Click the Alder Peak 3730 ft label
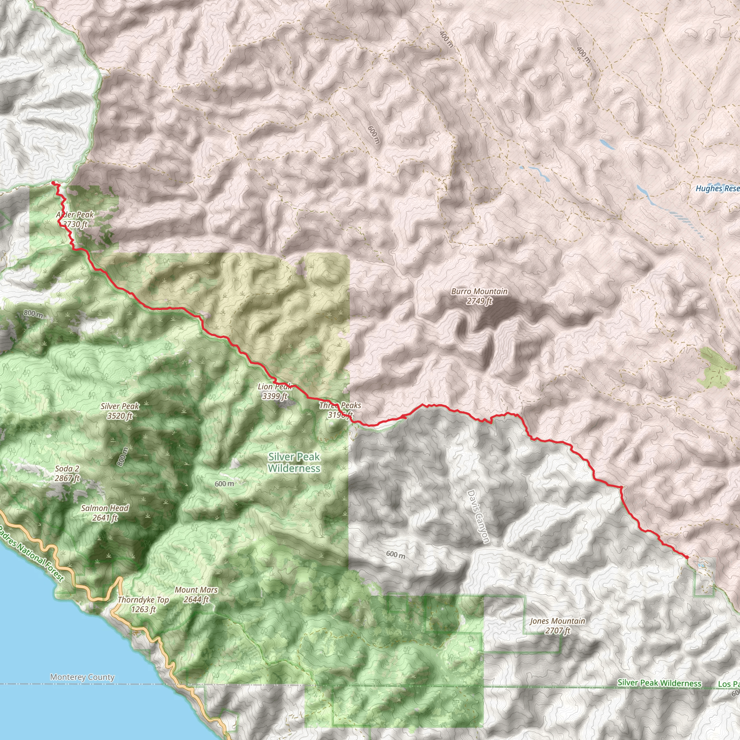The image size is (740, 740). point(75,219)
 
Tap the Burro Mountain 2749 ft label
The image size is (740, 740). point(479,296)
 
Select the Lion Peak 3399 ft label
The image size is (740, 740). point(275,391)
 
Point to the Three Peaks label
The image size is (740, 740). point(340,405)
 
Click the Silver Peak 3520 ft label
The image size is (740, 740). point(120,410)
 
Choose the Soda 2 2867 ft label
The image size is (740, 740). point(67,473)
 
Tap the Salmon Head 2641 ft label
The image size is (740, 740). point(105,513)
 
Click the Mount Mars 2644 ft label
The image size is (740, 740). point(196,595)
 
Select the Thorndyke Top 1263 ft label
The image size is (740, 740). point(143,605)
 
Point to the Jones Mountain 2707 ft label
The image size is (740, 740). point(557,625)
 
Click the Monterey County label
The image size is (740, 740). point(82,677)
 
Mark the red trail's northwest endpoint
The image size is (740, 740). point(53,184)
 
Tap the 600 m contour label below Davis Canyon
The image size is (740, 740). point(395,554)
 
